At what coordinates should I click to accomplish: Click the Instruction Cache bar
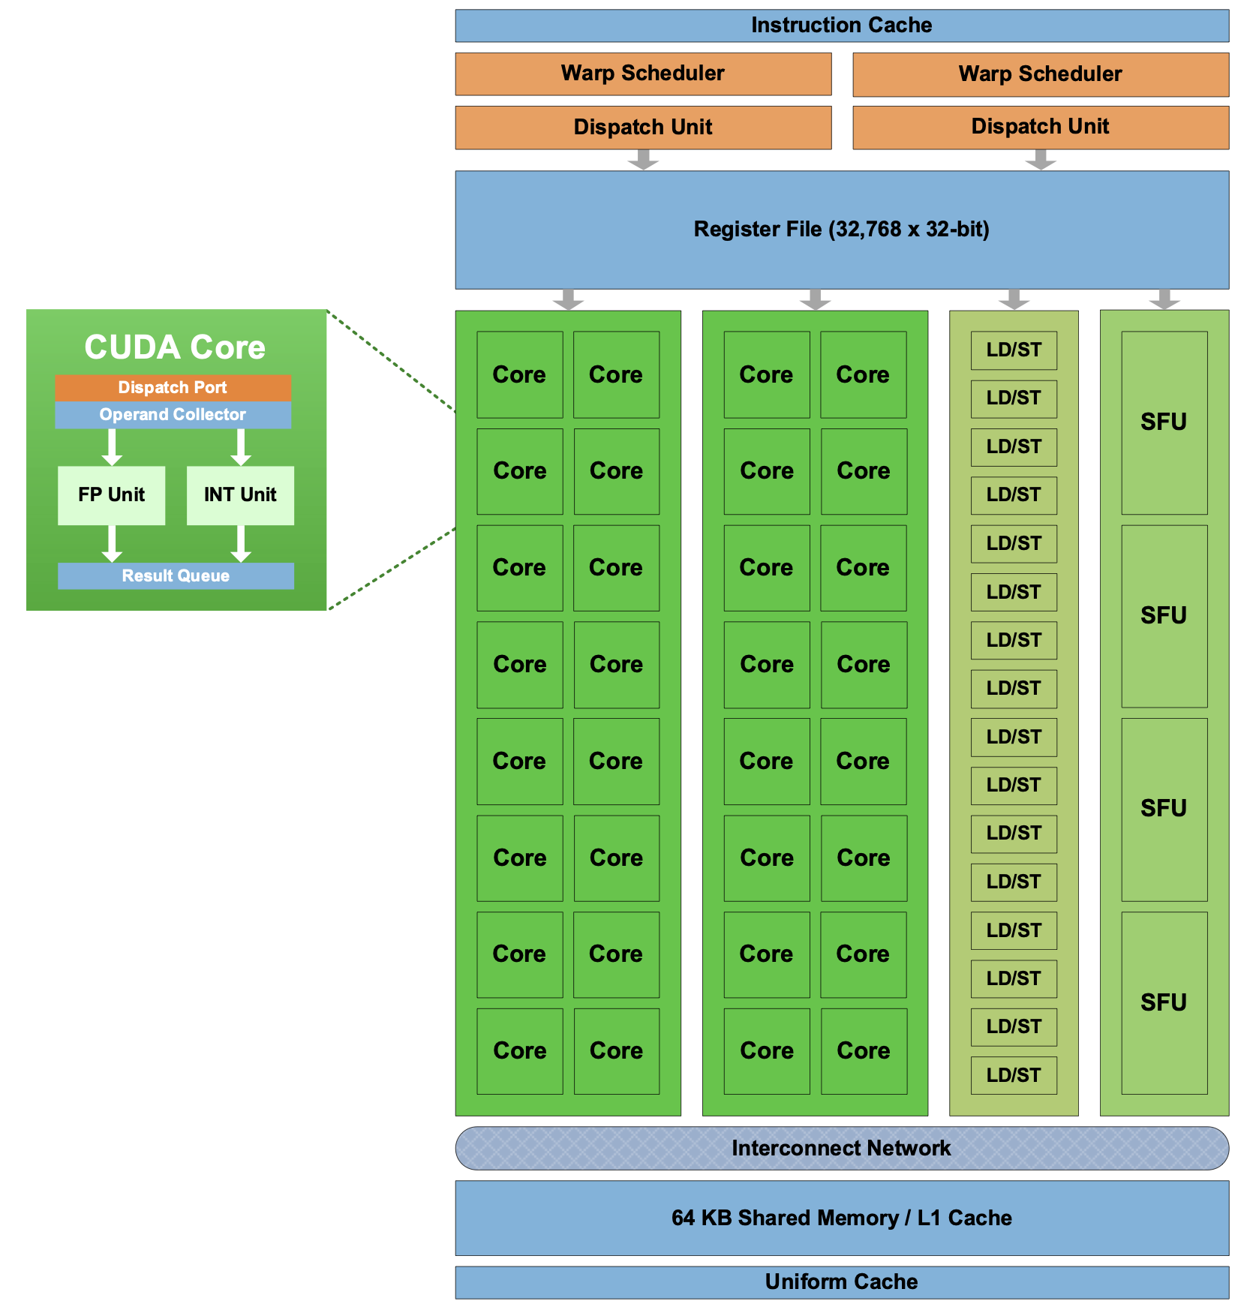click(x=842, y=26)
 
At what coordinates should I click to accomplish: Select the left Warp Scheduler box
click(x=643, y=74)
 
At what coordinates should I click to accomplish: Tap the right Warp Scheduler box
click(x=1041, y=74)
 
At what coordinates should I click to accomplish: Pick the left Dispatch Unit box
click(x=643, y=128)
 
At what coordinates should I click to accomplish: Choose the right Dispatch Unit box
click(x=1041, y=128)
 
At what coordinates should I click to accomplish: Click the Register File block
click(x=842, y=230)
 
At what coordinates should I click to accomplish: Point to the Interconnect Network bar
click(x=842, y=1148)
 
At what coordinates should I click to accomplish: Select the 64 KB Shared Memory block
click(x=842, y=1218)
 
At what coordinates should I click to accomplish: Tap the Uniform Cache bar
click(x=842, y=1282)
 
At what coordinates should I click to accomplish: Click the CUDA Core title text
click(x=175, y=347)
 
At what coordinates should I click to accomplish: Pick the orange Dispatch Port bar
click(x=173, y=388)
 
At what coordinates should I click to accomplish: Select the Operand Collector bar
click(x=173, y=415)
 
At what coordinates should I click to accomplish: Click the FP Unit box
click(x=111, y=495)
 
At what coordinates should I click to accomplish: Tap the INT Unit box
click(x=240, y=495)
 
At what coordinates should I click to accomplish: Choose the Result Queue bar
click(x=176, y=575)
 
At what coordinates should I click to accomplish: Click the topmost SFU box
click(x=1164, y=422)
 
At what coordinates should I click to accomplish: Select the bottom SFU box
click(x=1164, y=1002)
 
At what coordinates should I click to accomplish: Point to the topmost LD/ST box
click(x=1014, y=350)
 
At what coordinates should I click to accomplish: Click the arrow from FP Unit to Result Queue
click(x=112, y=543)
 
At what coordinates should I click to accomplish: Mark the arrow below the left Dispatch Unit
click(x=643, y=159)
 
